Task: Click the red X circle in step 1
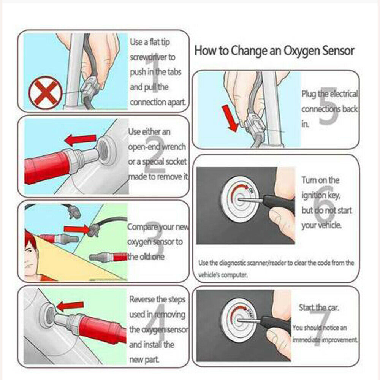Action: pos(45,93)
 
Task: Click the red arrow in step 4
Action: pos(70,306)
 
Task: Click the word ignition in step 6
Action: pos(313,195)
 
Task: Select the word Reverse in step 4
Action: pos(142,299)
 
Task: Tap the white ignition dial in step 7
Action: pos(238,322)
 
